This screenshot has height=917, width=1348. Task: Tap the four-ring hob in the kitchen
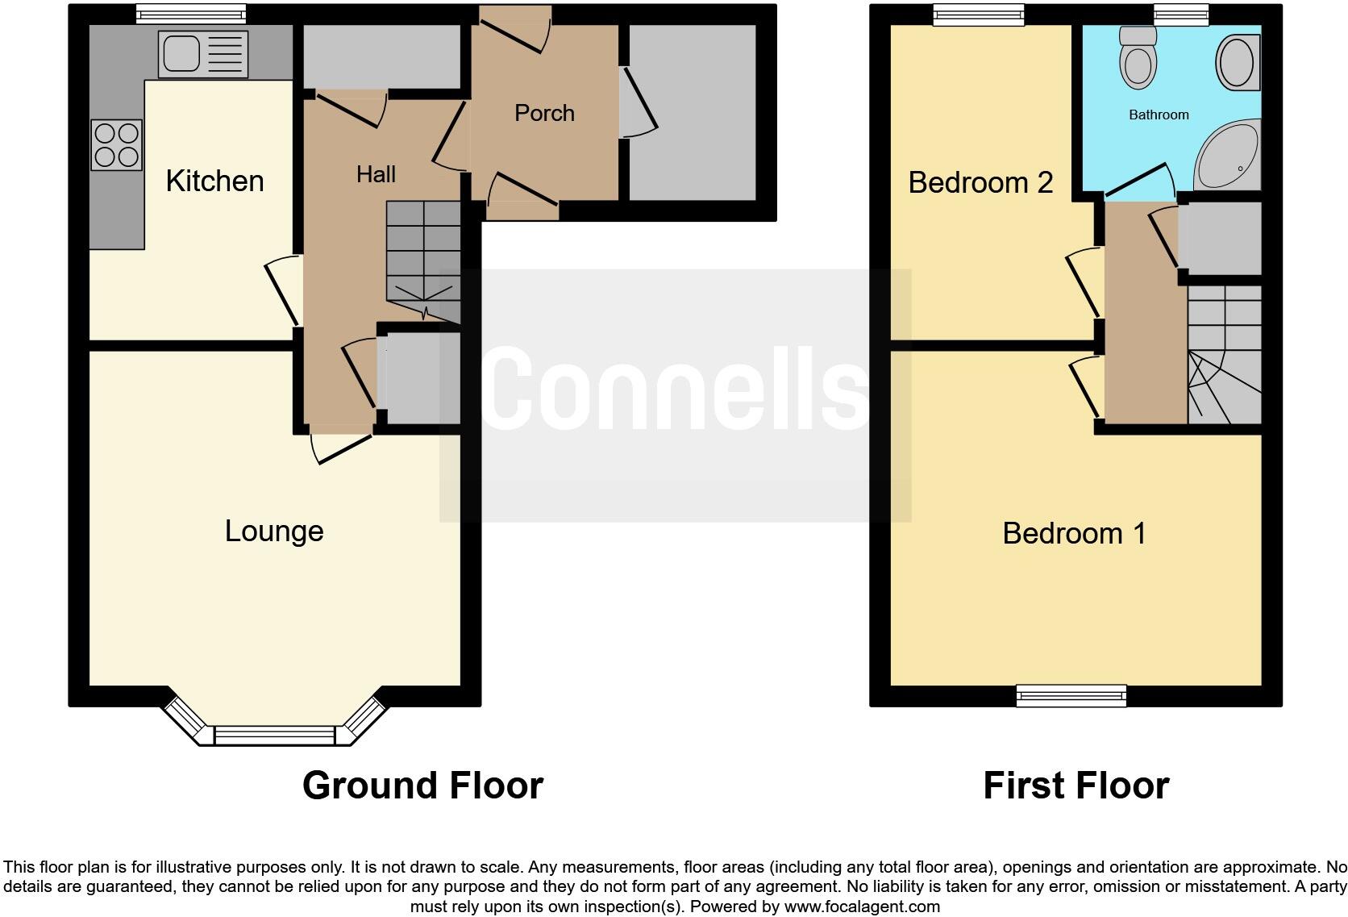[x=117, y=145]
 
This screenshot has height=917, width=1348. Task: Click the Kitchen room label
[x=214, y=181]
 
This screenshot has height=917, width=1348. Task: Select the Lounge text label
[x=274, y=531]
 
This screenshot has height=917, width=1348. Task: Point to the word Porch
[x=544, y=113]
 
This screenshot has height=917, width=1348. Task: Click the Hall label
[x=376, y=174]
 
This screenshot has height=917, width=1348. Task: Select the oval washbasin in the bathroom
[x=1235, y=62]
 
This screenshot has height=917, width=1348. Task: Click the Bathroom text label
[x=1159, y=115]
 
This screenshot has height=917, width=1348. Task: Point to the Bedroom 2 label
[x=980, y=182]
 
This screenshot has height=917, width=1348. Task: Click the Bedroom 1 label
[x=1074, y=533]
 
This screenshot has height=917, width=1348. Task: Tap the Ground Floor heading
[x=422, y=785]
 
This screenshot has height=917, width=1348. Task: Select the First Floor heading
[x=1075, y=785]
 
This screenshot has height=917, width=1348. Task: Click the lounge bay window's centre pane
[x=274, y=735]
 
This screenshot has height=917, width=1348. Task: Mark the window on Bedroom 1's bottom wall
[x=1071, y=694]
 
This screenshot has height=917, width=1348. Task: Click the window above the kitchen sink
[x=190, y=14]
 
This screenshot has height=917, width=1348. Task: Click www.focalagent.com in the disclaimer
[x=861, y=907]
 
